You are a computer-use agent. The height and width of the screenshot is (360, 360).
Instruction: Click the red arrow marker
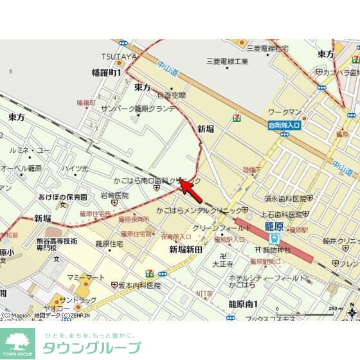[192, 190]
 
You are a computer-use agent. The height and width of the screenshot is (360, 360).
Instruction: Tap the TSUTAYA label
[119, 57]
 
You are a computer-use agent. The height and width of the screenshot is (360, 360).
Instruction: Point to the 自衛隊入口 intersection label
[283, 125]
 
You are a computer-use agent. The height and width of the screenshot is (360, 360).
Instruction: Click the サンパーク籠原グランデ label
[138, 108]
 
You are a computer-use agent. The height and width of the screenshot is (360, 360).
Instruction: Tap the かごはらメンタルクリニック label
[199, 210]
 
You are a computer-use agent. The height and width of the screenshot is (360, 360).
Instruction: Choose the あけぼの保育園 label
[62, 197]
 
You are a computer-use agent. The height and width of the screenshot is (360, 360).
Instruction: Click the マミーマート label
[85, 277]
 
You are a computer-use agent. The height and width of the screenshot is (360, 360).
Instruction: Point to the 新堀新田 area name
[186, 249]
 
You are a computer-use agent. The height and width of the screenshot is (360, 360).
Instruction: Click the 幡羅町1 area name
[107, 73]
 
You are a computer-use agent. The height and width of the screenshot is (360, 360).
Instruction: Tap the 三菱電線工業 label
[227, 62]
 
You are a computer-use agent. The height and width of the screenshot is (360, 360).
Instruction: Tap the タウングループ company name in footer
[91, 348]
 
